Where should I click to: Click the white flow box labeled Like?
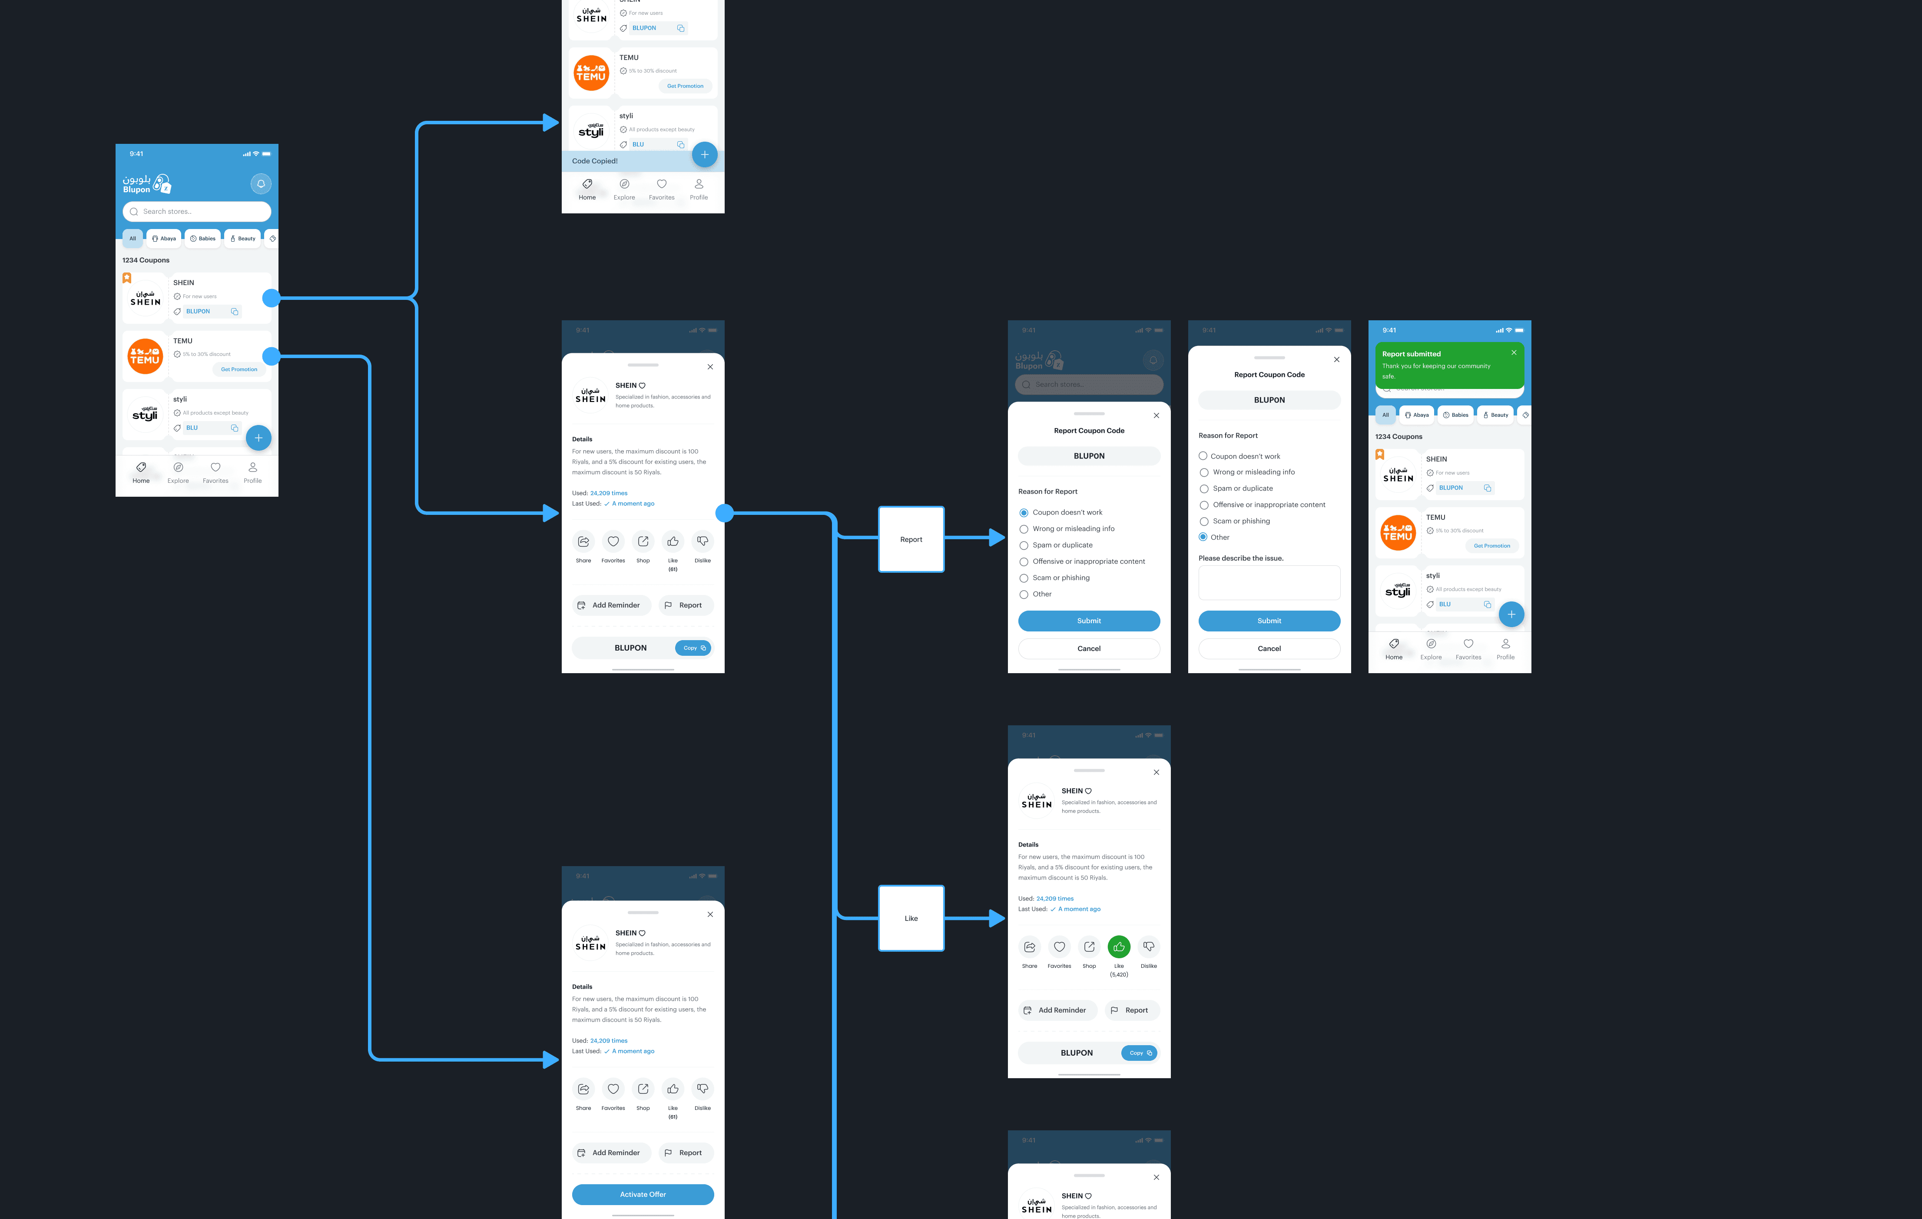[911, 918]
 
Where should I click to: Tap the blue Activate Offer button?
[643, 1194]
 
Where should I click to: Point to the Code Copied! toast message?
[595, 161]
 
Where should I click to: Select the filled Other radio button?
[1203, 537]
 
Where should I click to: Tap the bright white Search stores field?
[197, 212]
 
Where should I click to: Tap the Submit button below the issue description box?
[1269, 621]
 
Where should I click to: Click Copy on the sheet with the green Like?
[1139, 1053]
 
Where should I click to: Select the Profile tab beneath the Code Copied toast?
[699, 189]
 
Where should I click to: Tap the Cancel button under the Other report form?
[1269, 649]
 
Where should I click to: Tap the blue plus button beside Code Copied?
[704, 155]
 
